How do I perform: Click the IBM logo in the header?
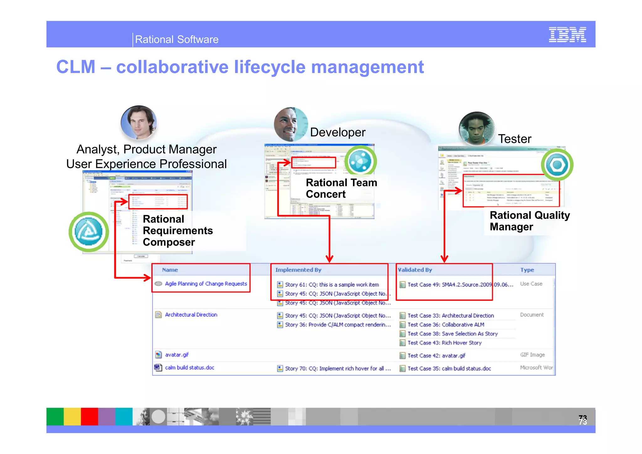coord(567,34)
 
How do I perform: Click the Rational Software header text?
coord(176,40)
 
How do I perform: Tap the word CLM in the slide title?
coord(76,67)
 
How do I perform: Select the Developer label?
coord(338,132)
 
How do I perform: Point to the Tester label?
coord(515,139)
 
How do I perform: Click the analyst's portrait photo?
coord(139,123)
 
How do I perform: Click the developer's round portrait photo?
coord(290,124)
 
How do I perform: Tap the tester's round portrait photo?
coord(476,129)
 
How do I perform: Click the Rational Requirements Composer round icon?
coord(89,232)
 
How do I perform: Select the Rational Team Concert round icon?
coord(360,161)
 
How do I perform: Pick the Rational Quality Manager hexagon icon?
coord(557,165)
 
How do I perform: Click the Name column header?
coord(170,270)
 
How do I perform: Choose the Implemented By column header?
coord(298,270)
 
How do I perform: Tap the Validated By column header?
coord(415,270)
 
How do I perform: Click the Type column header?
coord(527,270)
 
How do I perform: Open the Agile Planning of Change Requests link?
coord(206,284)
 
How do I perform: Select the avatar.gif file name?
coord(177,355)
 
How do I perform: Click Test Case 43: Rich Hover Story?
coord(444,343)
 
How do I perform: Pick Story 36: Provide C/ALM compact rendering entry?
coord(338,325)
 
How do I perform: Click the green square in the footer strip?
coord(55,416)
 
